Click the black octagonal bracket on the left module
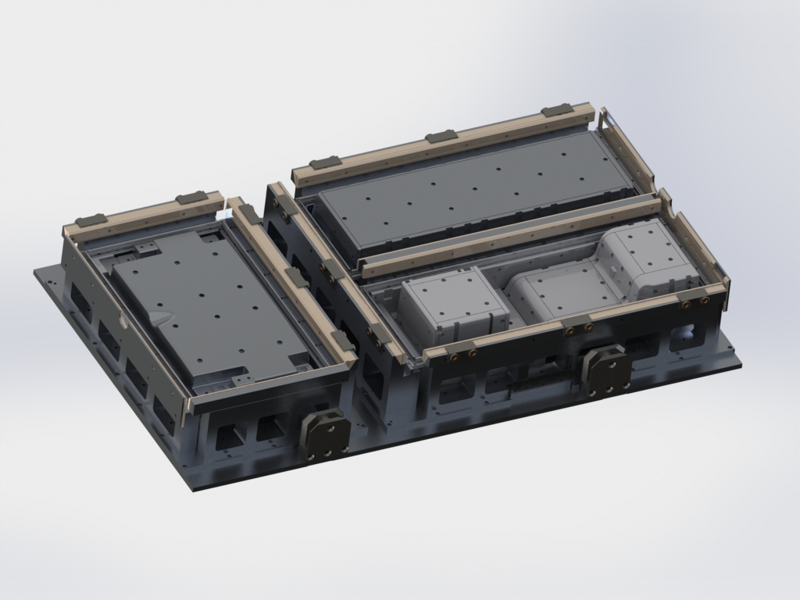[323, 435]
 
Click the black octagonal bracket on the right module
[606, 369]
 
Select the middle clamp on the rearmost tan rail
[440, 137]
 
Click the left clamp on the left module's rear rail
[92, 220]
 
